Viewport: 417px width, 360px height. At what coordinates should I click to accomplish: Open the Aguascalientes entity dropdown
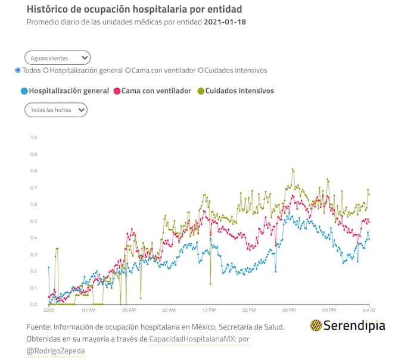click(58, 58)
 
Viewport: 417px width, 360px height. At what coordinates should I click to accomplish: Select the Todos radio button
click(18, 70)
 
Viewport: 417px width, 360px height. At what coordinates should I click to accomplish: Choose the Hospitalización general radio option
click(46, 70)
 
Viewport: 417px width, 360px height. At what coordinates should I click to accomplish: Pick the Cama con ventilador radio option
click(127, 70)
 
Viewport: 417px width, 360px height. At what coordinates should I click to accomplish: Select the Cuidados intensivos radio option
click(201, 70)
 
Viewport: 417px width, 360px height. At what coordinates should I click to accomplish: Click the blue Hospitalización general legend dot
click(24, 91)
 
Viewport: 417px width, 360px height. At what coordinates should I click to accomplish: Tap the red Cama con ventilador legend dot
click(117, 91)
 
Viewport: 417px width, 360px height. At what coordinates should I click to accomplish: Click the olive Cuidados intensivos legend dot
click(200, 91)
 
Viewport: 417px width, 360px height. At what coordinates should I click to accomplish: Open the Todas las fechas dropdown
click(56, 109)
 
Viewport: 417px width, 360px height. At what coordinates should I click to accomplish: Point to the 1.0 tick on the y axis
click(33, 137)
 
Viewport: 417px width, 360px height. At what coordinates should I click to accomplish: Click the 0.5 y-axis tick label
click(33, 221)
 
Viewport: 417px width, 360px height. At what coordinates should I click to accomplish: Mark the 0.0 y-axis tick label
click(33, 305)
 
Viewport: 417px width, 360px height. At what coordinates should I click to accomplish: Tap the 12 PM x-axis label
click(208, 310)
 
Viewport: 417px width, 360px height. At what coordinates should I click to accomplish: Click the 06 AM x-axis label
click(128, 310)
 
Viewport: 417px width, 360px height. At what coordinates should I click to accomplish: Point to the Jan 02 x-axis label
click(369, 310)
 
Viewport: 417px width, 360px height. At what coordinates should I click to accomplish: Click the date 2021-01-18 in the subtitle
click(225, 22)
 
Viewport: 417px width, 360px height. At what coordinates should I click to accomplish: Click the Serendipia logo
click(347, 325)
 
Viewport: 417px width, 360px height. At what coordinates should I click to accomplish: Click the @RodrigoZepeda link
click(55, 351)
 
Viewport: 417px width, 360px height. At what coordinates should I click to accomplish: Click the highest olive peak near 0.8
click(292, 169)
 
